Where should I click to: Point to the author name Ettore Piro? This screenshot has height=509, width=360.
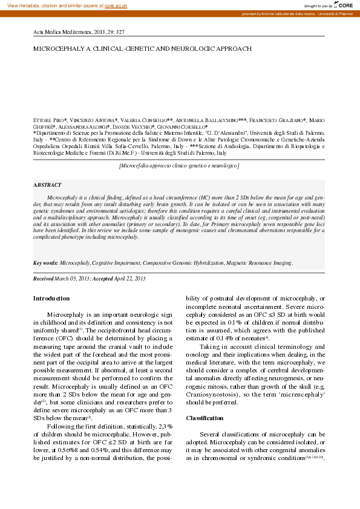point(49,121)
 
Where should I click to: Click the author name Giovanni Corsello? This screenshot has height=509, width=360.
point(182,127)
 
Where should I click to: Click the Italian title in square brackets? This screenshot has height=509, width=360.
point(179,165)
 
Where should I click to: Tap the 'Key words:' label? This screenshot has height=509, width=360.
point(45,263)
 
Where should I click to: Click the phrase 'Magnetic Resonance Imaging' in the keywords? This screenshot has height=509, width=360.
point(260,263)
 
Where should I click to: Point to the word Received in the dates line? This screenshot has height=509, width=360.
point(43,278)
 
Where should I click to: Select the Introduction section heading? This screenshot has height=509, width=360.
point(51,299)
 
